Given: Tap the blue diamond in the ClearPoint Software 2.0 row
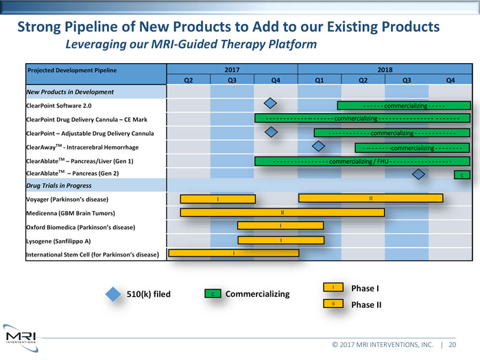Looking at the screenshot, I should (x=271, y=104).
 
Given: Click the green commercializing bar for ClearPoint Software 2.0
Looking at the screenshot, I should (x=403, y=106).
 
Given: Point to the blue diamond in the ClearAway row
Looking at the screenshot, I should (x=317, y=145).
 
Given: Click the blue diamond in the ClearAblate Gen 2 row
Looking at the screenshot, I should (x=418, y=173).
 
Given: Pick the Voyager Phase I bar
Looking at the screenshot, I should (x=217, y=199).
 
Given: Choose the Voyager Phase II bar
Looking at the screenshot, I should (x=370, y=198).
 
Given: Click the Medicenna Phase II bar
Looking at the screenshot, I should (x=282, y=212).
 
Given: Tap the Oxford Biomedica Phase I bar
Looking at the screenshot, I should (x=280, y=226).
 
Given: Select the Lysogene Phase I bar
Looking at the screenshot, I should (x=280, y=240).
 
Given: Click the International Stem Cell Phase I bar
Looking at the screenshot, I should (x=233, y=253).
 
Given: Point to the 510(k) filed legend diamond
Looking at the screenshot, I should (x=114, y=293).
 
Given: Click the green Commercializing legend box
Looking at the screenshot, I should (x=213, y=294).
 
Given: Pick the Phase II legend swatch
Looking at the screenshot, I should (x=332, y=303).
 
